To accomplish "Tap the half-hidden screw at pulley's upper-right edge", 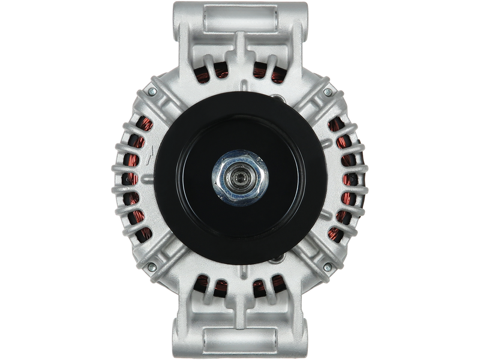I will tap(277, 100).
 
